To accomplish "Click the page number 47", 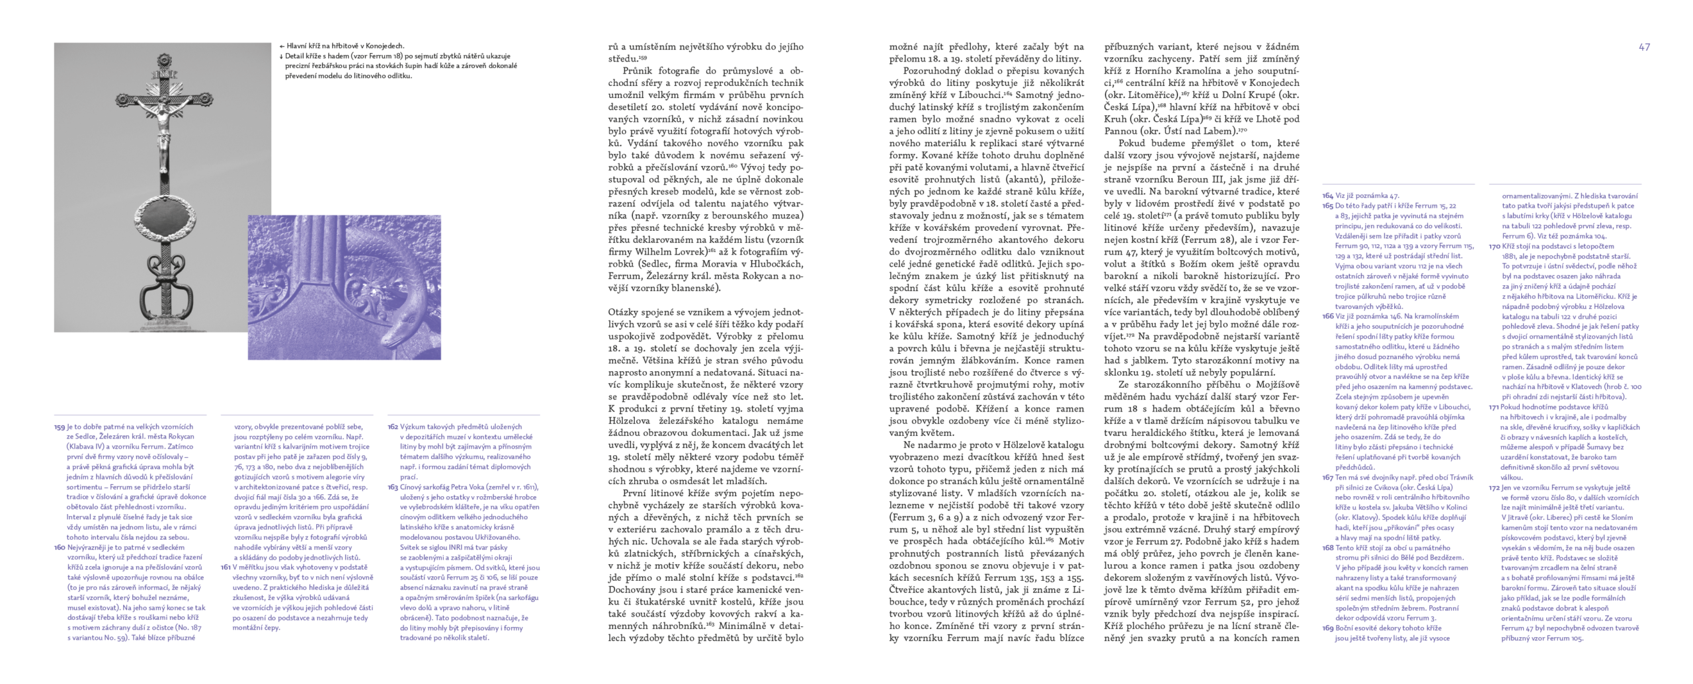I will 1644,47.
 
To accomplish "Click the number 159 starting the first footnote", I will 60,427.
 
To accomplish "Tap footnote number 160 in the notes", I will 60,548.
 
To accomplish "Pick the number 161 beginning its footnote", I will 226,568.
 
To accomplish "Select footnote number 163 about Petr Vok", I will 393,488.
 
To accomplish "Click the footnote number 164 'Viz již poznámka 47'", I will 1328,196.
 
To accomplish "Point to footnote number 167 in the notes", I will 1328,478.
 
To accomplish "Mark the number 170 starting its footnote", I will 1495,247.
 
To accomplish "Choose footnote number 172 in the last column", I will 1495,488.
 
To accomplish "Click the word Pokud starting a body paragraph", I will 1134,143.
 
